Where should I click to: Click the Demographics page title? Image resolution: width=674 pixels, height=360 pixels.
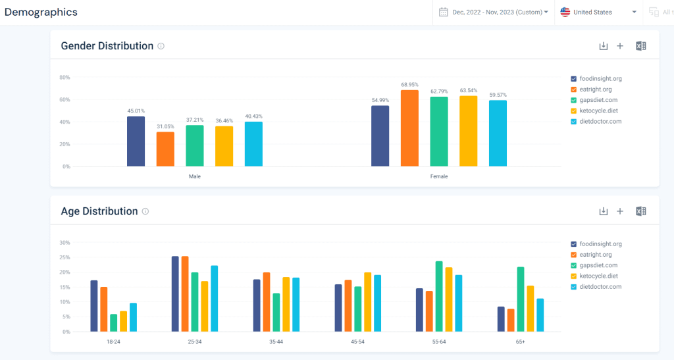[41, 12]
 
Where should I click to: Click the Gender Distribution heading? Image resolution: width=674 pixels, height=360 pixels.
[107, 46]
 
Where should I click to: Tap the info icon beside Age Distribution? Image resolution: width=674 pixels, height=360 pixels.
[145, 211]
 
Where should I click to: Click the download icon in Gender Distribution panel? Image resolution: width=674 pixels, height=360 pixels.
[603, 46]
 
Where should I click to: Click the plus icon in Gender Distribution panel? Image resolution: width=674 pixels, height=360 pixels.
[619, 46]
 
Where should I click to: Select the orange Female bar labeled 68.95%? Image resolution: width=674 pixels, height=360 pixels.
[409, 128]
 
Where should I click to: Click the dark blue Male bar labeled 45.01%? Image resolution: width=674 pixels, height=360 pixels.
[136, 141]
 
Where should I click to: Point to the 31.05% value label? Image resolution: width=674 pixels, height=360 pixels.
[165, 126]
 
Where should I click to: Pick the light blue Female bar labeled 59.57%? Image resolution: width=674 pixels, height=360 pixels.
[498, 133]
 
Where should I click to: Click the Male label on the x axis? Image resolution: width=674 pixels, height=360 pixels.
[195, 176]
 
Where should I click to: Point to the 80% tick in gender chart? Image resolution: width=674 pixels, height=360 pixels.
[65, 77]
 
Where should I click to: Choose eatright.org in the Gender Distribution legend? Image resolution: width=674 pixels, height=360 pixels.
[596, 90]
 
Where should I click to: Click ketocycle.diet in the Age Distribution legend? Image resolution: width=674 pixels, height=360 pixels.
[598, 276]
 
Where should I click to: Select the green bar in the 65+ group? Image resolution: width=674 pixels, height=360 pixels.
[520, 299]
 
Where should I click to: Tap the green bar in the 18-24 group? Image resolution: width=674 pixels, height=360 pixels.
[113, 322]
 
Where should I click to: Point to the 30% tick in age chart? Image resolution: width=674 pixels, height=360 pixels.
[65, 242]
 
